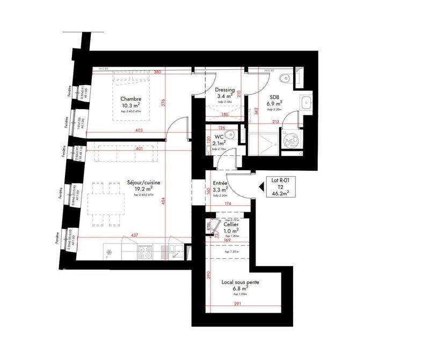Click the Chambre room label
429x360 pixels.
click(130, 99)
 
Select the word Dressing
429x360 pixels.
click(222, 90)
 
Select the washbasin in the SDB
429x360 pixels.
click(307, 102)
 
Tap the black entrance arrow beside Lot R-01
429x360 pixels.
click(261, 187)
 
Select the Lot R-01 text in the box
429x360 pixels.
click(280, 181)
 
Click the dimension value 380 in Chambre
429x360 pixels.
click(157, 72)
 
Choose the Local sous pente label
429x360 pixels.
click(236, 282)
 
